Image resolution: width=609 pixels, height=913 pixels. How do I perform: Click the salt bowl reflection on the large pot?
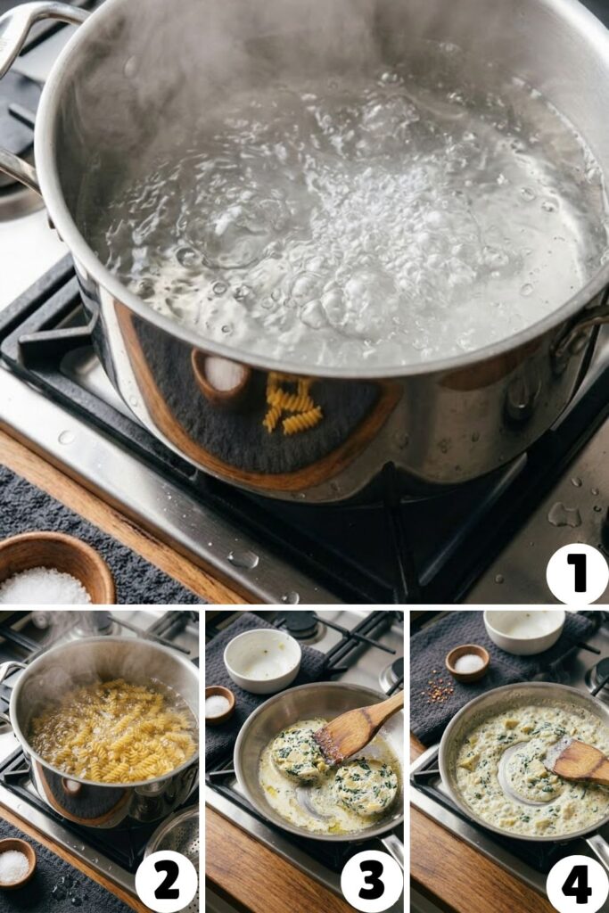(221, 374)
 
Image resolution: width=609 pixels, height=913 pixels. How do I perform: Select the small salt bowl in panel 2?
(15, 862)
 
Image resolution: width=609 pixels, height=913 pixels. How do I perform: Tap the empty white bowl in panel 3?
(262, 660)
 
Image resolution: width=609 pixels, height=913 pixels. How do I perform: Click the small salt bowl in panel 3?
(219, 704)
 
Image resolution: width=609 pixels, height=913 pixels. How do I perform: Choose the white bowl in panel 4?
(524, 630)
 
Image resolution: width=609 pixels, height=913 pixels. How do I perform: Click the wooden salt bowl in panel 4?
(467, 662)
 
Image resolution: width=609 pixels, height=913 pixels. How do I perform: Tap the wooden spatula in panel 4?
(578, 760)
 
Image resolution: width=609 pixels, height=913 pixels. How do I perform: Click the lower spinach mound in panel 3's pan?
(365, 786)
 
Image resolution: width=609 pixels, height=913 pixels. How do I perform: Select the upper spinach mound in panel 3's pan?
(298, 754)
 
